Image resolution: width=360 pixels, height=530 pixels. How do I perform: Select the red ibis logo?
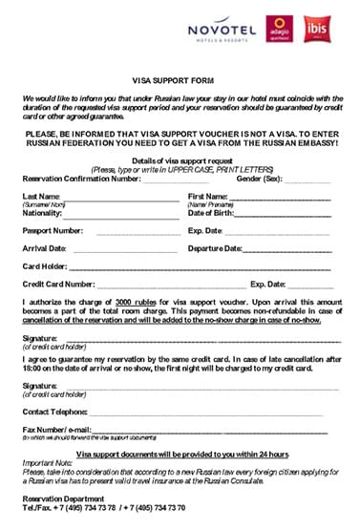click(317, 30)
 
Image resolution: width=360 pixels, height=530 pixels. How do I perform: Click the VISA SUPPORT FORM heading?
click(180, 83)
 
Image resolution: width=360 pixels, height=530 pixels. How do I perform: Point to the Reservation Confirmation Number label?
click(80, 179)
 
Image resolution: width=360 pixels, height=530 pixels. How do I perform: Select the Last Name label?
click(41, 196)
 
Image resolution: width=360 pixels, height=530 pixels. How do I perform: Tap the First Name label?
click(208, 196)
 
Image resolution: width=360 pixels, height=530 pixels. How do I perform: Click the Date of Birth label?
click(214, 213)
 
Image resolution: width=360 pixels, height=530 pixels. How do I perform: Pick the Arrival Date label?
click(45, 248)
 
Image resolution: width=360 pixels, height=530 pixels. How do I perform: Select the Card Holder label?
click(44, 266)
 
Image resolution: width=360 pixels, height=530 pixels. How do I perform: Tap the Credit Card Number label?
click(58, 285)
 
